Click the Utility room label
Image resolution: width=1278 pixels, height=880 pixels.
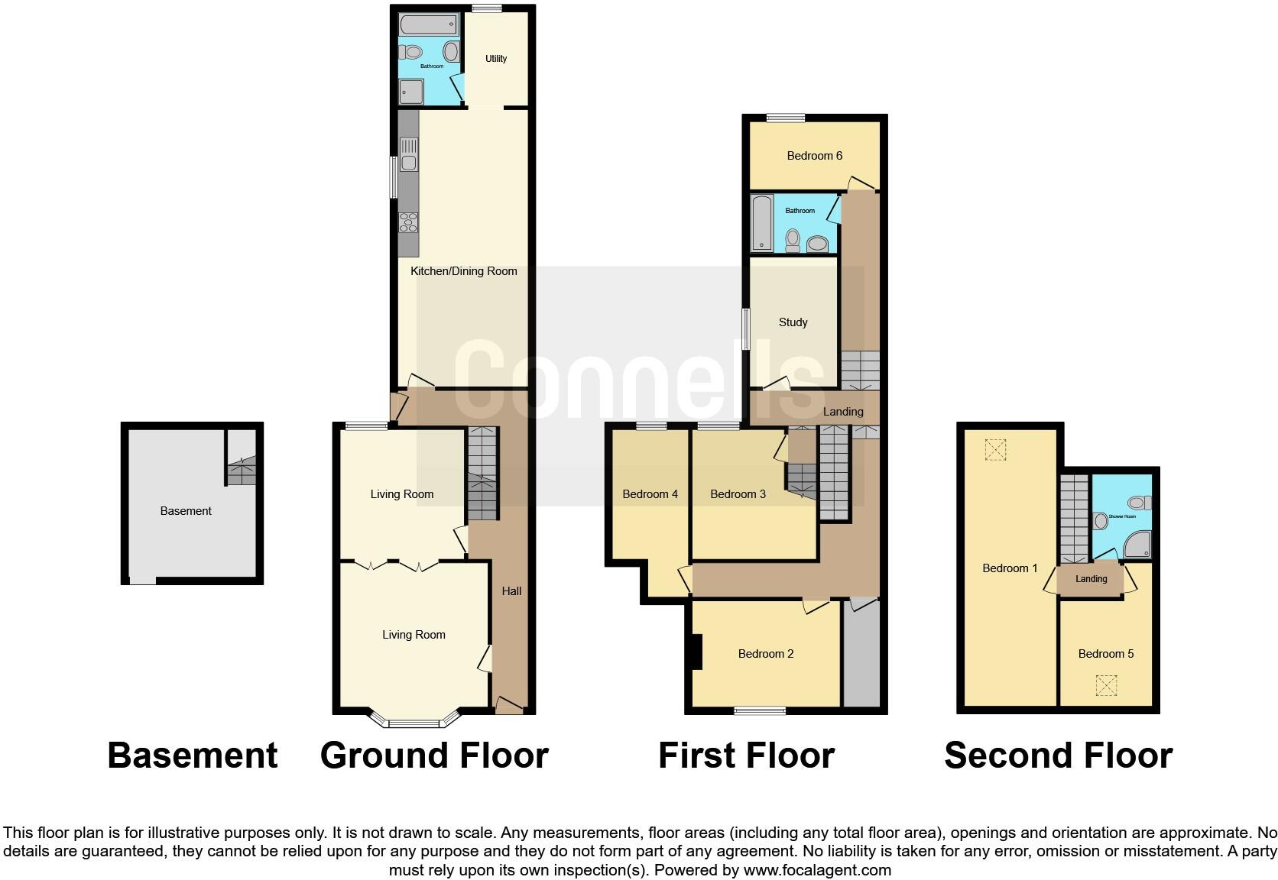pyautogui.click(x=496, y=59)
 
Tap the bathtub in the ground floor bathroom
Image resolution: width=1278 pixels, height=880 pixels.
pyautogui.click(x=428, y=24)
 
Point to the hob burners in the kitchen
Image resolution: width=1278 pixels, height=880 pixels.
pyautogui.click(x=409, y=222)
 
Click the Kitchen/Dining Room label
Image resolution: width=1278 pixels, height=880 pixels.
pyautogui.click(x=463, y=271)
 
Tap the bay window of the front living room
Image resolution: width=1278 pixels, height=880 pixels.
pyautogui.click(x=414, y=720)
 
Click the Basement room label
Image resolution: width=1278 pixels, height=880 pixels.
pyautogui.click(x=186, y=511)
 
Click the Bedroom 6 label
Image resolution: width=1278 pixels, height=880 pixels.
pyautogui.click(x=814, y=156)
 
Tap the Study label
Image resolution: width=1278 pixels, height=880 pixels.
pyautogui.click(x=793, y=322)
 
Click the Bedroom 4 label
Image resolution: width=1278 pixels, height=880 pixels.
pyautogui.click(x=650, y=494)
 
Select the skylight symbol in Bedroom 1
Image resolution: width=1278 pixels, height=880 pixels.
pyautogui.click(x=995, y=450)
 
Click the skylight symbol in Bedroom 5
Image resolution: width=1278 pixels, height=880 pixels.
pyautogui.click(x=1106, y=685)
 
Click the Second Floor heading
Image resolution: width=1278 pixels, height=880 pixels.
pyautogui.click(x=1058, y=755)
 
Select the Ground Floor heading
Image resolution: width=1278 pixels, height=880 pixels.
pyautogui.click(x=434, y=755)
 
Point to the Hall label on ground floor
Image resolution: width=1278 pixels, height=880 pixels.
pyautogui.click(x=511, y=591)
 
